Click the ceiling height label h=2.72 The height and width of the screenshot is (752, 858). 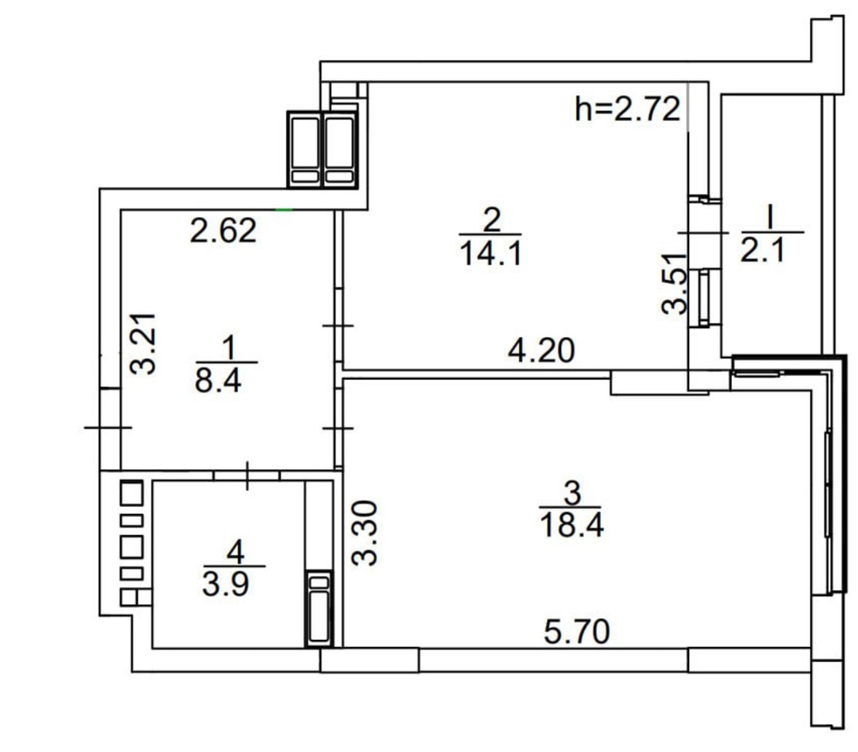click(627, 109)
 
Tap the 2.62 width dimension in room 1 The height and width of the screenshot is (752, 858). click(223, 231)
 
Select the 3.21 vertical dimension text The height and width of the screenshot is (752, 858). click(143, 344)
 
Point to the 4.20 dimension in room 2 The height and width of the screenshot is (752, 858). click(541, 350)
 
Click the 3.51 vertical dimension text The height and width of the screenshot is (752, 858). click(673, 283)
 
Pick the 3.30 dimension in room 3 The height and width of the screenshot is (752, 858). click(364, 533)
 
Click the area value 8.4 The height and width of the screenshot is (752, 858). click(218, 380)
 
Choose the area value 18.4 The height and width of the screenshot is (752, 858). click(572, 525)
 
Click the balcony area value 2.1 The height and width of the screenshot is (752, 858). click(762, 251)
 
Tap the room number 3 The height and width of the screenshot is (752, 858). click(572, 493)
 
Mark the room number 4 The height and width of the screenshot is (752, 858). click(236, 552)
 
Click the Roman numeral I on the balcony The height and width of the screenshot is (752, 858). click(770, 218)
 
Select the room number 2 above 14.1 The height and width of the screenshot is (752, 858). click(491, 220)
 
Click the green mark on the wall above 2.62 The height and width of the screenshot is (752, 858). click(283, 209)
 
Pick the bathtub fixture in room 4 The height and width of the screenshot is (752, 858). click(319, 608)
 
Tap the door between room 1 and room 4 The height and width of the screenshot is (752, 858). click(246, 475)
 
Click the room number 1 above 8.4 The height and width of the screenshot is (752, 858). click(228, 347)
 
